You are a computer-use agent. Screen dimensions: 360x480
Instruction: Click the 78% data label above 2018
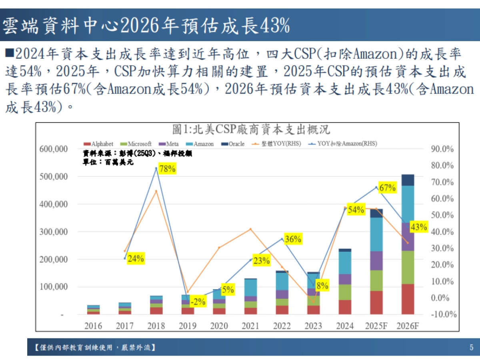point(167,169)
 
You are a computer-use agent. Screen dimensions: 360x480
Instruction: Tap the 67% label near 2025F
point(387,188)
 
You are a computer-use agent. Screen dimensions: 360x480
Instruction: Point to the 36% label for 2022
point(293,239)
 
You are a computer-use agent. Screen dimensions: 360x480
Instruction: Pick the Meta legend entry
point(170,144)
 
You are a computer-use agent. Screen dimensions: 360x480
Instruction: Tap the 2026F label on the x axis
point(408,326)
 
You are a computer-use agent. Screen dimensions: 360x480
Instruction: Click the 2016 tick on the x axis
point(93,326)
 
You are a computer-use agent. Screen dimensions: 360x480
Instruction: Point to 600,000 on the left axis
point(54,149)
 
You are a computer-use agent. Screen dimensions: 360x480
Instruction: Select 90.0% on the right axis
point(442,149)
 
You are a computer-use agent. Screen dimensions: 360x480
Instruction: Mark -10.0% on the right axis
point(443,314)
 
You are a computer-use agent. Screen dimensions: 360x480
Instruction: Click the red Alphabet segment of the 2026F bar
point(408,299)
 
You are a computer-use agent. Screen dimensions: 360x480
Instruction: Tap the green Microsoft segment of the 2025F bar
point(376,280)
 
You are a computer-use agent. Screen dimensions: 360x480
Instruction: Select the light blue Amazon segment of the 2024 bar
point(345,262)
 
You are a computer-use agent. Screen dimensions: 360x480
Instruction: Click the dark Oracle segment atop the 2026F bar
point(408,180)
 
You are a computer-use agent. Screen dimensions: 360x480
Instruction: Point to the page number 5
point(471,347)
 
